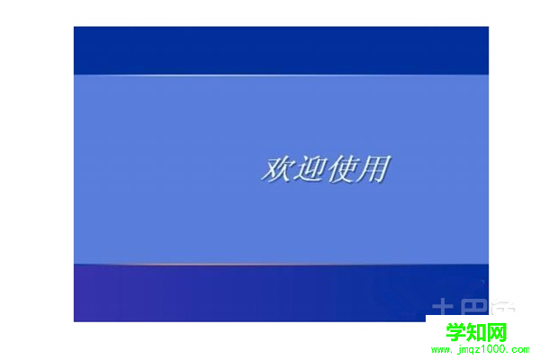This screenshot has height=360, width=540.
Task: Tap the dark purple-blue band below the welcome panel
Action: point(225,293)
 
